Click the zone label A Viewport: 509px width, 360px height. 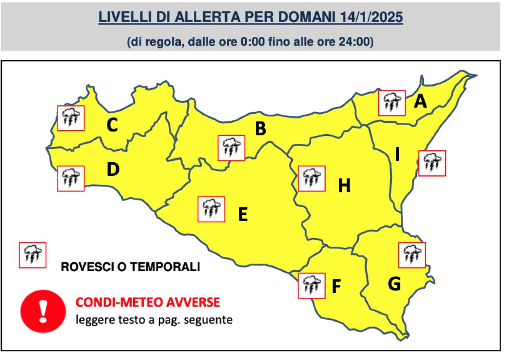(x=420, y=101)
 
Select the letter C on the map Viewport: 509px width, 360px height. (x=112, y=125)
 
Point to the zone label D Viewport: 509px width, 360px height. (x=113, y=169)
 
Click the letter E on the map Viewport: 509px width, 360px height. (x=242, y=214)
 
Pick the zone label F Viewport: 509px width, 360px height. (x=336, y=287)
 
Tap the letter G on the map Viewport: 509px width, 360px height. (x=394, y=284)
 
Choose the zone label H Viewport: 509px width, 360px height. (x=344, y=186)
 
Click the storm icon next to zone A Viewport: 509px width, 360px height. (x=392, y=103)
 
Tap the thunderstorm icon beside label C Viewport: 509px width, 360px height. (x=71, y=118)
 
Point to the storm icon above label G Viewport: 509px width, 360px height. (x=412, y=255)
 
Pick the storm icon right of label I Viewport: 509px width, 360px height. (x=432, y=163)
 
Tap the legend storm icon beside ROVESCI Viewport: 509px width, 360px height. (x=32, y=255)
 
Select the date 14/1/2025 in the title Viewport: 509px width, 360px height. (x=372, y=19)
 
